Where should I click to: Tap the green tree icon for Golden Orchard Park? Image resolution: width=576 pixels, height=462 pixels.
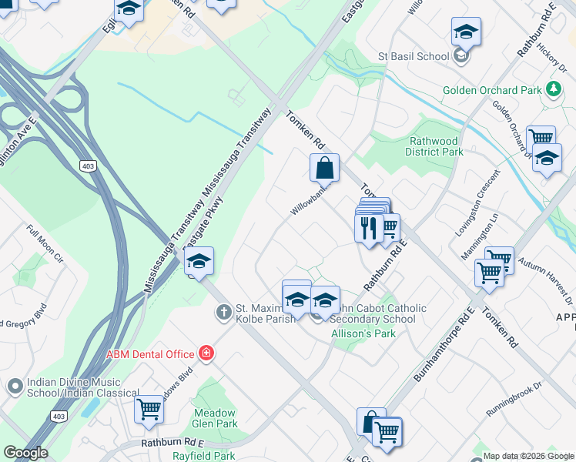pyautogui.click(x=552, y=90)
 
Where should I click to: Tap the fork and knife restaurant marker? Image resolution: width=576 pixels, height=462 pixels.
pyautogui.click(x=368, y=228)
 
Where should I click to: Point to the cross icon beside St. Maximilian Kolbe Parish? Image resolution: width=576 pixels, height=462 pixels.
pyautogui.click(x=223, y=312)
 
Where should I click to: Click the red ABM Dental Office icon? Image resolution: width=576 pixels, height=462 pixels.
pyautogui.click(x=206, y=353)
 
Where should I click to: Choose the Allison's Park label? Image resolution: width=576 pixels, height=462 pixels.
pyautogui.click(x=363, y=333)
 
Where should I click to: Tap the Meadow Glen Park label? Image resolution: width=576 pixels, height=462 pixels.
pyautogui.click(x=215, y=418)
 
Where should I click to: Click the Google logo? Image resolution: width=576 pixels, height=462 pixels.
pyautogui.click(x=25, y=453)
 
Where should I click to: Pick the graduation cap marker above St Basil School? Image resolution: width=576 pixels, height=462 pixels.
pyautogui.click(x=466, y=32)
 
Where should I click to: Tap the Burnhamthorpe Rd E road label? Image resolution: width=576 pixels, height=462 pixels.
pyautogui.click(x=444, y=344)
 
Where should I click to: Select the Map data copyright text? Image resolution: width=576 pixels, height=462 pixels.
pyautogui.click(x=527, y=456)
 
